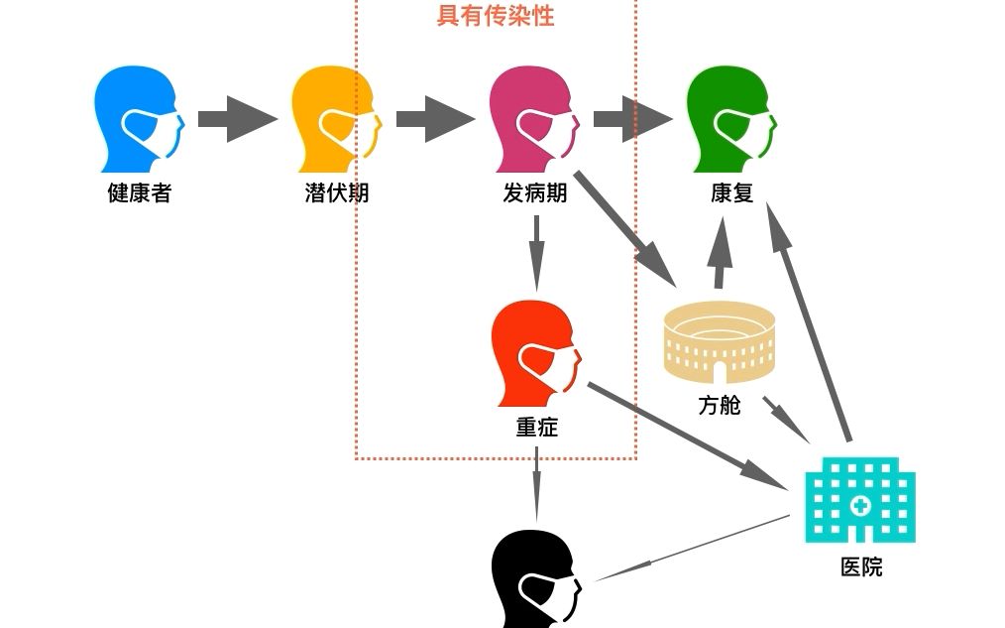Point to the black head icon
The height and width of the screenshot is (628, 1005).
click(x=533, y=580)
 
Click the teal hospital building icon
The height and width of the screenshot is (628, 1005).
click(x=859, y=500)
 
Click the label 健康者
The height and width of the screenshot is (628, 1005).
click(x=139, y=193)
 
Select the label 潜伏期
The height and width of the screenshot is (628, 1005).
click(x=337, y=193)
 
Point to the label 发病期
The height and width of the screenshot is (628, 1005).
click(x=535, y=193)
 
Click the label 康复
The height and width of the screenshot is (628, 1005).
click(x=732, y=193)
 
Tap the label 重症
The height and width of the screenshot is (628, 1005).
click(x=536, y=428)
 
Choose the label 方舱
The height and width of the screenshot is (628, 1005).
click(x=720, y=406)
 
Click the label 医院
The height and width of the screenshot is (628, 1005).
click(x=860, y=567)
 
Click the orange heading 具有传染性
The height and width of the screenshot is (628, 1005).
click(x=496, y=16)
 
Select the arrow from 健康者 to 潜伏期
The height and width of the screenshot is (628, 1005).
click(x=238, y=119)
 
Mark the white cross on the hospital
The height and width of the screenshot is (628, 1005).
click(x=859, y=505)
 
